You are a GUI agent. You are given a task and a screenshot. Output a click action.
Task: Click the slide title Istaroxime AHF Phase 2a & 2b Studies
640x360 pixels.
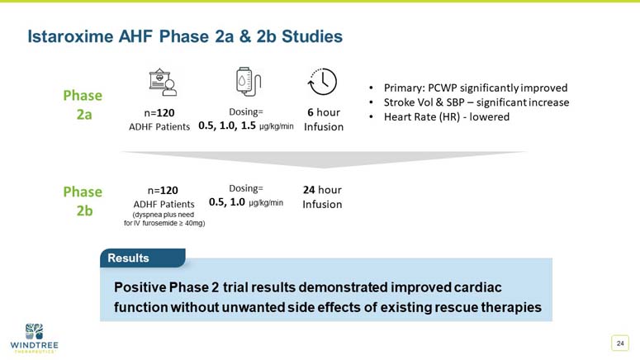tap(185, 37)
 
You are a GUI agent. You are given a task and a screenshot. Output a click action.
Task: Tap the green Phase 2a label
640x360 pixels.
tap(83, 105)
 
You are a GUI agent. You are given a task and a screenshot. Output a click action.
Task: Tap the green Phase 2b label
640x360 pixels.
tap(83, 201)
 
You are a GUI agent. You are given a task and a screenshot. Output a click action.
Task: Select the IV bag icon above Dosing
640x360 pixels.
tap(244, 83)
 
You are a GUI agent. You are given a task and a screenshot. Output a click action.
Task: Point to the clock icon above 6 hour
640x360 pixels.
tap(321, 83)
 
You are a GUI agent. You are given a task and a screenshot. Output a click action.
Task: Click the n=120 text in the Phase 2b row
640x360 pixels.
tap(164, 189)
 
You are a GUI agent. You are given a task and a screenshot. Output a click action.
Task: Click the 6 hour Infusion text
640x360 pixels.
tap(323, 119)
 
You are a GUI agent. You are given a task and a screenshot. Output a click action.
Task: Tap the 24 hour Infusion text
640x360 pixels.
tap(322, 197)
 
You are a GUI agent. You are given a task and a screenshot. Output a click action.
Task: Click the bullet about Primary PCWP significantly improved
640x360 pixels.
tap(474, 88)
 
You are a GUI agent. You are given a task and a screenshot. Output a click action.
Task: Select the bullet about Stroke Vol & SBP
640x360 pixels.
tap(475, 102)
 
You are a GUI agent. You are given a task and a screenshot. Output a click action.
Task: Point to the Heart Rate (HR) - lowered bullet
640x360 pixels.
tap(446, 117)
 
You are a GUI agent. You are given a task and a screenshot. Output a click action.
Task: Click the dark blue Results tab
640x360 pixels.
tap(130, 258)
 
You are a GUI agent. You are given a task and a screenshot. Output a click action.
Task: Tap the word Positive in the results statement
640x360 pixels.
tap(140, 287)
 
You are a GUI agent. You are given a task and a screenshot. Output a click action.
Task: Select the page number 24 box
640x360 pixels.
tap(619, 343)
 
